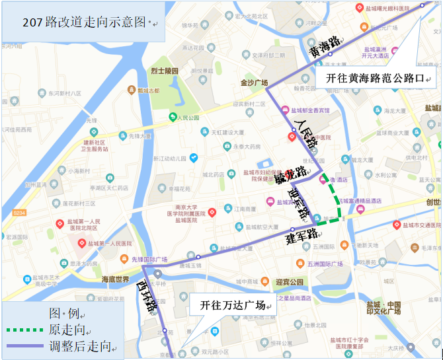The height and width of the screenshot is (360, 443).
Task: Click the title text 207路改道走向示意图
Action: pyautogui.click(x=83, y=22)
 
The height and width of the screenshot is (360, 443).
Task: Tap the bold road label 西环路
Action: pyautogui.click(x=146, y=297)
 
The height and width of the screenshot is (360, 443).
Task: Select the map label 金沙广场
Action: pyautogui.click(x=254, y=83)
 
